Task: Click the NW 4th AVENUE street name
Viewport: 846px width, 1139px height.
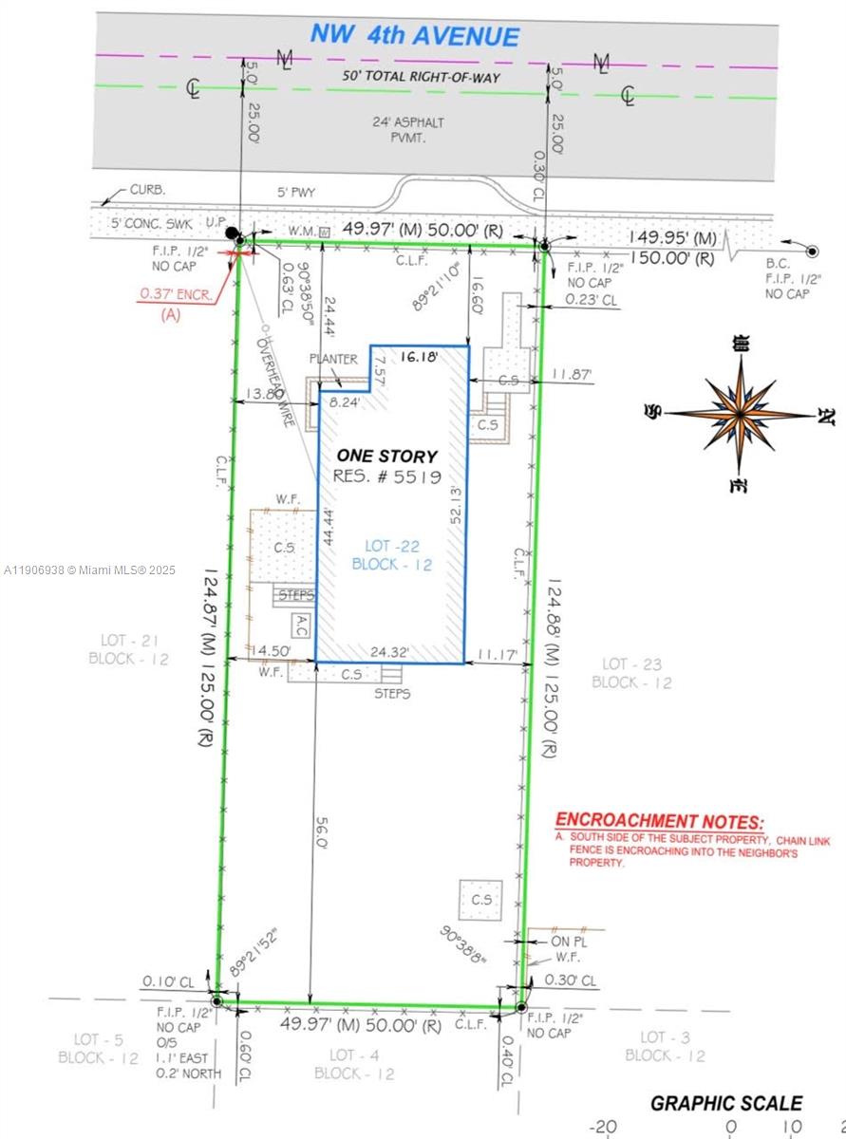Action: (415, 37)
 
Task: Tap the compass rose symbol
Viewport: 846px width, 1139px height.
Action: (740, 414)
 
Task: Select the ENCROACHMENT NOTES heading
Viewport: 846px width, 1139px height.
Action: (658, 822)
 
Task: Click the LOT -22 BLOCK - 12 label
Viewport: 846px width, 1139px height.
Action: (391, 554)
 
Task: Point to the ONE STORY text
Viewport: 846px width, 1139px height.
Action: (385, 457)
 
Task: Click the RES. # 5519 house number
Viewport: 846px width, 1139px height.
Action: (386, 476)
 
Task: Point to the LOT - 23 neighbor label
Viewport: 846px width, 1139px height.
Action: (631, 673)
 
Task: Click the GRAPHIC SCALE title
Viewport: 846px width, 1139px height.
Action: (725, 1103)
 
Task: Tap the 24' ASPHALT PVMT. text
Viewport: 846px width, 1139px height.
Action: (408, 129)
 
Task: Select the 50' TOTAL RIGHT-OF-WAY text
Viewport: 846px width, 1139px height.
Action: (421, 76)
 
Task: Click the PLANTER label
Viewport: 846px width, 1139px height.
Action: (332, 359)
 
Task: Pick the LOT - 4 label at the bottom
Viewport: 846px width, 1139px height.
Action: (353, 1064)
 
